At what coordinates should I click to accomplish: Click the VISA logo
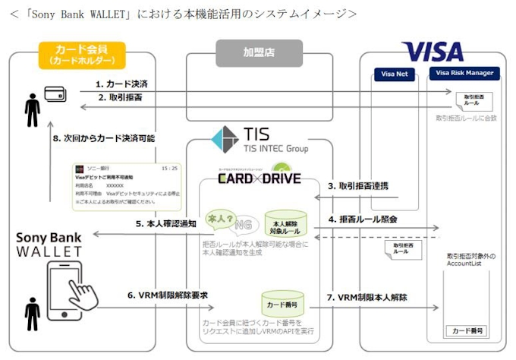[x=432, y=52]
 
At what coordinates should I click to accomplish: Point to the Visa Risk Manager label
[x=466, y=74]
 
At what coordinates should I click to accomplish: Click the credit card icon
[x=54, y=94]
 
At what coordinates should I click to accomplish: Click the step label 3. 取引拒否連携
[x=357, y=186]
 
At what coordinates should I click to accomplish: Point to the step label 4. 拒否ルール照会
[x=362, y=219]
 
